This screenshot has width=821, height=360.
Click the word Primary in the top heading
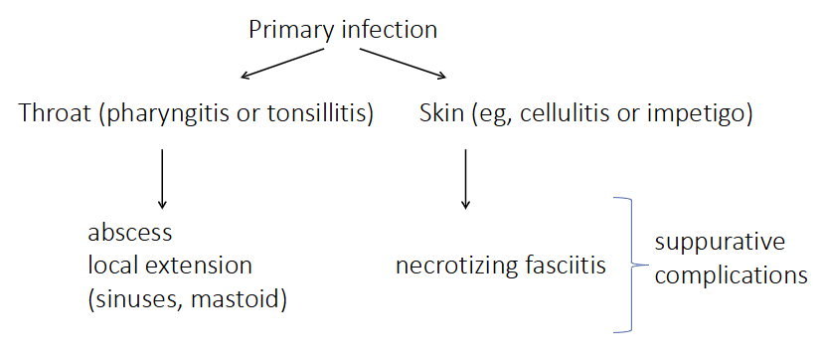click(x=289, y=29)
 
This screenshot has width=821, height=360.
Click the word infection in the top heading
click(x=389, y=29)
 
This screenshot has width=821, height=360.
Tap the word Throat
click(x=53, y=114)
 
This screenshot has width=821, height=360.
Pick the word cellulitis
click(x=558, y=114)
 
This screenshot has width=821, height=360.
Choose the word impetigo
click(x=700, y=114)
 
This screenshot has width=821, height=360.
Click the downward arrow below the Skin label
click(x=465, y=178)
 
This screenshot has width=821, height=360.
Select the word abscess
click(x=130, y=234)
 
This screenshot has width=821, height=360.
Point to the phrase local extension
click(x=170, y=267)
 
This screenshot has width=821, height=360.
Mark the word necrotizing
click(x=451, y=267)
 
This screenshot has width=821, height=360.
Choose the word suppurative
click(x=720, y=243)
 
